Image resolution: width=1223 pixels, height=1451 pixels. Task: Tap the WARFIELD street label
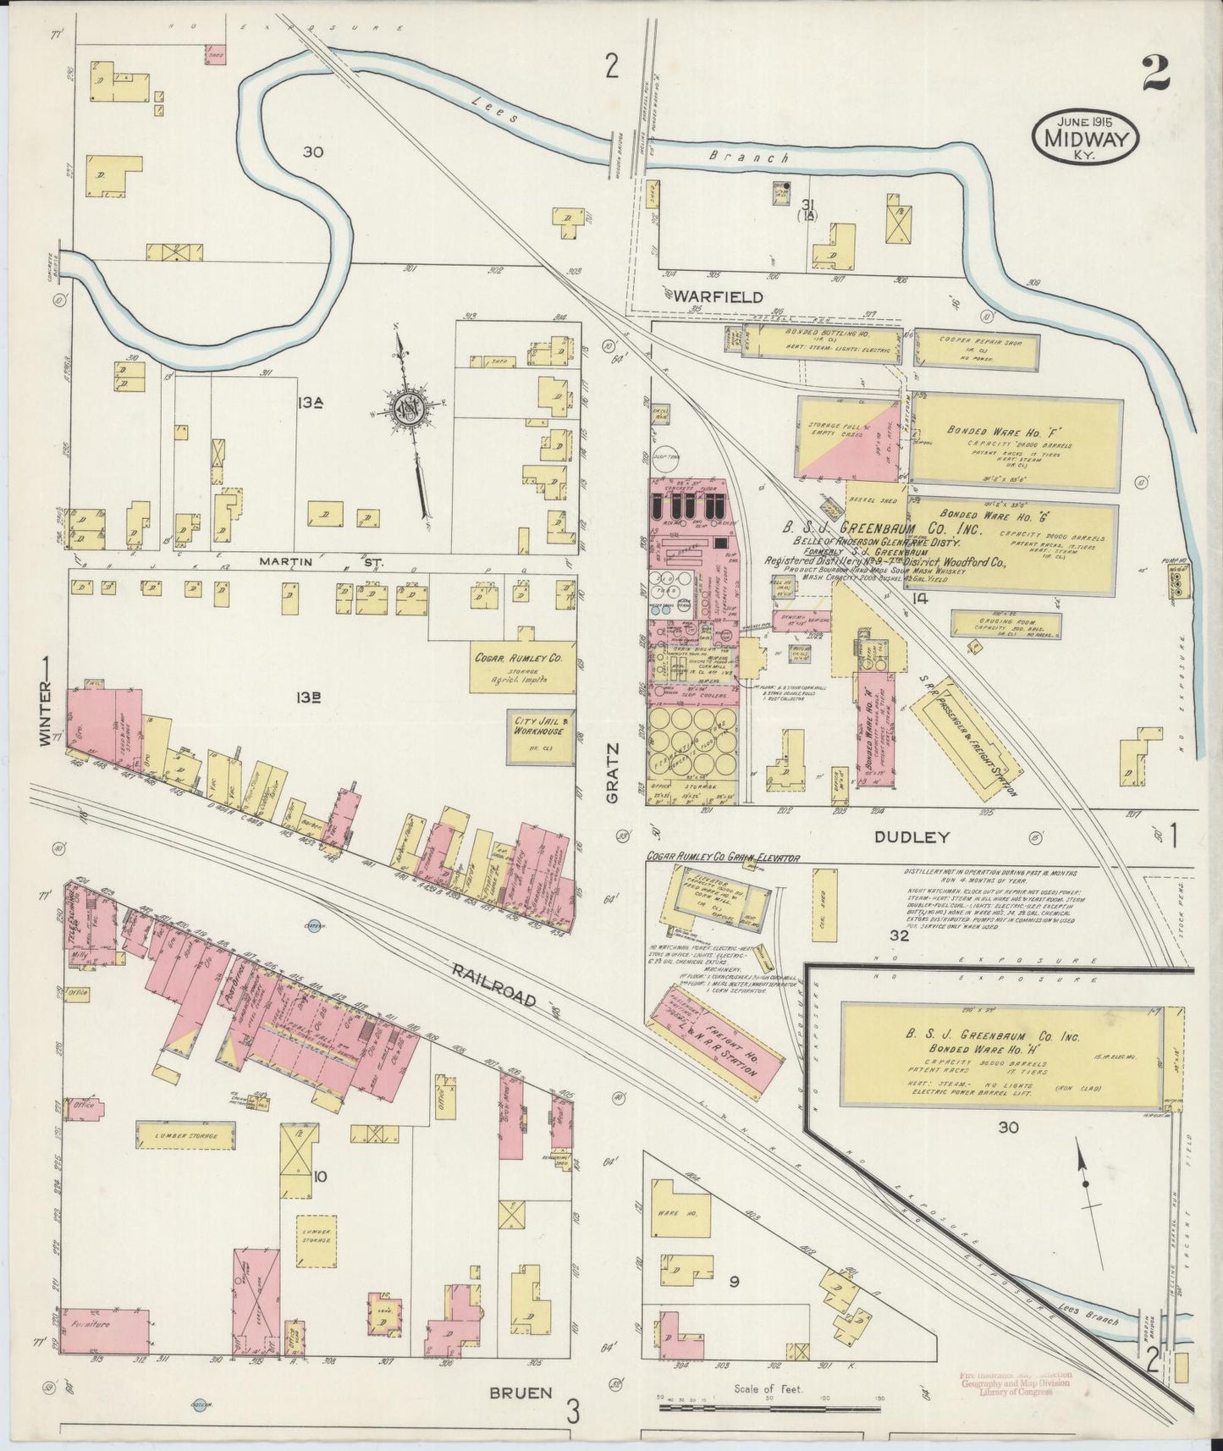coord(719,297)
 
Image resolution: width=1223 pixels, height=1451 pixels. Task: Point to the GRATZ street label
coord(614,771)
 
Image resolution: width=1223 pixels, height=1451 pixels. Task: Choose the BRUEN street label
coord(521,1392)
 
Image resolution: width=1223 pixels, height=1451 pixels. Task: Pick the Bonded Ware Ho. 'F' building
coord(1016,443)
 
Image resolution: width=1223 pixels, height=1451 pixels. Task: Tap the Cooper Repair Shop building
coord(976,349)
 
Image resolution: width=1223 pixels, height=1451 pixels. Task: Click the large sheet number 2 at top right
coord(1154,74)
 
